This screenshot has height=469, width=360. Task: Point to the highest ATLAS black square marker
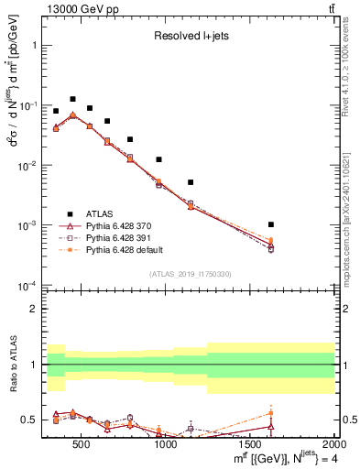[73, 99]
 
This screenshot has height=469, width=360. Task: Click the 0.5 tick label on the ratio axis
[28, 420]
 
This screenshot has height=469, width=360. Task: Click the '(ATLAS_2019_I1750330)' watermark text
[190, 274]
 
